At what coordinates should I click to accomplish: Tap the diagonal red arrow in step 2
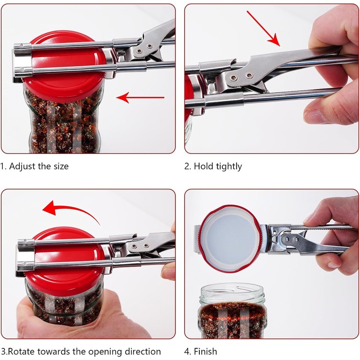263,28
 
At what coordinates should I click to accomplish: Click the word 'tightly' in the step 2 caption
228,166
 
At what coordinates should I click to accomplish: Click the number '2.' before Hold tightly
188,166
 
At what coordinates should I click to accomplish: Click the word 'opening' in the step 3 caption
102,351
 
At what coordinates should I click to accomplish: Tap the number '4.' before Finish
188,351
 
